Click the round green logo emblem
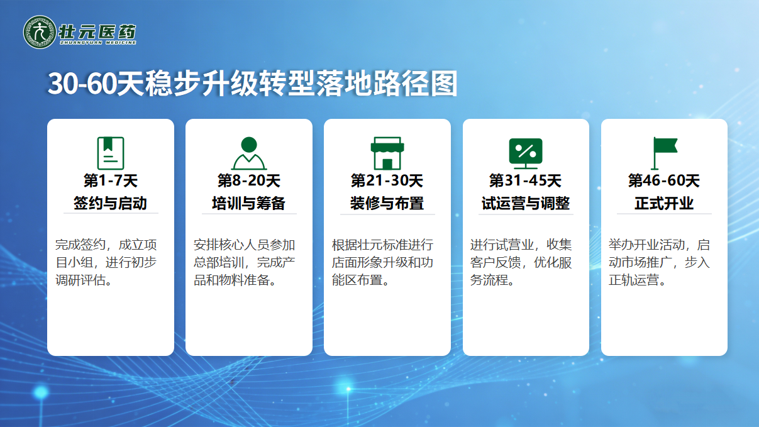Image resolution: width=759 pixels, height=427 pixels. (x=40, y=32)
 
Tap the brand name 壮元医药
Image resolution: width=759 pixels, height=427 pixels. (x=97, y=32)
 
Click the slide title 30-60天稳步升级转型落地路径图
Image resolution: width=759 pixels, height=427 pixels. (x=252, y=84)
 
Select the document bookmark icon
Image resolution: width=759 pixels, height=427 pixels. (x=111, y=153)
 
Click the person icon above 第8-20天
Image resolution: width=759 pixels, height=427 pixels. (x=249, y=153)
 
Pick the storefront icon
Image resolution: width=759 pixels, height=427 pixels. (x=387, y=153)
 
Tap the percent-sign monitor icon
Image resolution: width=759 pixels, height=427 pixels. (x=526, y=153)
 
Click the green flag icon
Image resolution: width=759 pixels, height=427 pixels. (x=664, y=153)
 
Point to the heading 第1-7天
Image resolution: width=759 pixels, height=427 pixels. (x=111, y=180)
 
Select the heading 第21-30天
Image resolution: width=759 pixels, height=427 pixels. (x=387, y=180)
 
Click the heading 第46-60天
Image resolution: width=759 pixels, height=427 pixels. (x=664, y=180)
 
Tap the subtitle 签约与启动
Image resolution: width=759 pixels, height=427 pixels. (x=110, y=203)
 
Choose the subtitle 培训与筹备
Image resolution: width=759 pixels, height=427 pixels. (x=249, y=203)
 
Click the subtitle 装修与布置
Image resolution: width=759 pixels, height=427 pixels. (x=387, y=203)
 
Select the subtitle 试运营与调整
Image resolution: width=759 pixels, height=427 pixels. (x=526, y=203)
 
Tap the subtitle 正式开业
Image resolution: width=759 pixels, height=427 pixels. (x=664, y=203)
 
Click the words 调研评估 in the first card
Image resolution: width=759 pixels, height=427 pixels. (x=80, y=280)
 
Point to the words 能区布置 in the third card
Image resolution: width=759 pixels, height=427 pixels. (x=357, y=280)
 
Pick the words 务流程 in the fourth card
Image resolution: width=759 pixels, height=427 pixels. (x=489, y=280)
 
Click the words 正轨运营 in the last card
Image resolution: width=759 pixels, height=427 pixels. (x=634, y=280)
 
